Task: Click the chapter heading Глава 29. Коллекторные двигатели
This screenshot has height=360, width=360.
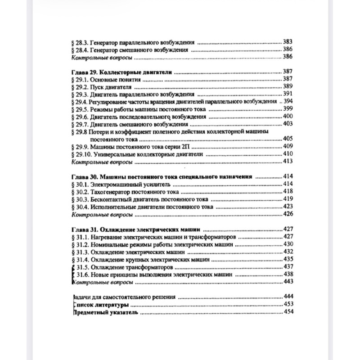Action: [123, 72]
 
